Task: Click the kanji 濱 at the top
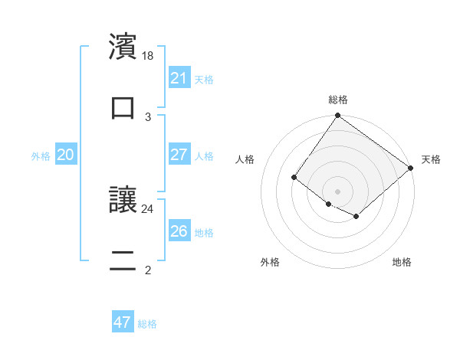click(x=123, y=46)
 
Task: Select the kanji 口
click(x=123, y=107)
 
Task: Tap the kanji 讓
click(x=123, y=199)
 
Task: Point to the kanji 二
click(x=123, y=260)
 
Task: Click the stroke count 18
click(x=149, y=56)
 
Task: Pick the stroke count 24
click(x=148, y=208)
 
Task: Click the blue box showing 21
click(x=179, y=78)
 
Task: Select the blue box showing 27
click(x=179, y=155)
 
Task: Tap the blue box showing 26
click(x=179, y=231)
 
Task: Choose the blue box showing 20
click(x=66, y=155)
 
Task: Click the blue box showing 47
click(x=123, y=322)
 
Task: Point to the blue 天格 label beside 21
click(x=204, y=79)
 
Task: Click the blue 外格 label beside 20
click(x=41, y=155)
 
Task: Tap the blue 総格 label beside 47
click(x=147, y=324)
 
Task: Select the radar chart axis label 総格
click(x=337, y=100)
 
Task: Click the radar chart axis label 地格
click(x=402, y=262)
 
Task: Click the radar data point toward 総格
click(x=337, y=116)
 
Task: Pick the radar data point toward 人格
click(x=294, y=178)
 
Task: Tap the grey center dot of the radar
click(x=337, y=191)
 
